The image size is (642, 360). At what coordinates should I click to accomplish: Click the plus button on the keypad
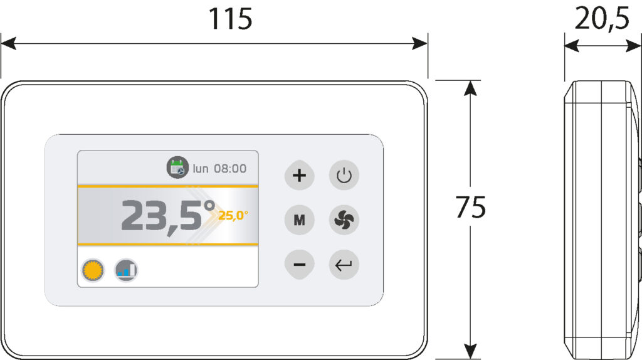coord(299,175)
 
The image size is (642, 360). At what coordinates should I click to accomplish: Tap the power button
coord(344,175)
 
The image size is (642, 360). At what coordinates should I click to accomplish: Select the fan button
coord(344,220)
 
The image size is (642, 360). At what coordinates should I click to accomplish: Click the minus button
coord(299,265)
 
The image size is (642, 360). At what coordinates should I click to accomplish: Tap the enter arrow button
coord(344,265)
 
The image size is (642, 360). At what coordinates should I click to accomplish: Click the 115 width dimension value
coord(230,19)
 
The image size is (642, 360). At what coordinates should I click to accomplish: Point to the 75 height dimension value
coord(471,207)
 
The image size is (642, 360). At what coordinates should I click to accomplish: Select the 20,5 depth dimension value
coord(602,18)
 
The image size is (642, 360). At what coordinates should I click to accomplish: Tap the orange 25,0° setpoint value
coord(233,215)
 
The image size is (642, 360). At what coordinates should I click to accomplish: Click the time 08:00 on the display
coord(230,168)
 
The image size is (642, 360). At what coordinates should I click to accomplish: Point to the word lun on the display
coord(201,168)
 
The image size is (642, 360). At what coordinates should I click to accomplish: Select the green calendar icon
coord(177,167)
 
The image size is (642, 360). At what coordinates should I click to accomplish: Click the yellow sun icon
coord(93,270)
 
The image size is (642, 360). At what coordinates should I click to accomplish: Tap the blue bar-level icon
coord(126,270)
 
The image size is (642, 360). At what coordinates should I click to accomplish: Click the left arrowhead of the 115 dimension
coord(8,43)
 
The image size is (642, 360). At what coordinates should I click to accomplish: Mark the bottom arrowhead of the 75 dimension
coord(471,352)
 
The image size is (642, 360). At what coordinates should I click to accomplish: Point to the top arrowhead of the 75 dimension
coord(471,88)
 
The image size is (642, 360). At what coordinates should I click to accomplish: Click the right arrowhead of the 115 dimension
coord(420,43)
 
